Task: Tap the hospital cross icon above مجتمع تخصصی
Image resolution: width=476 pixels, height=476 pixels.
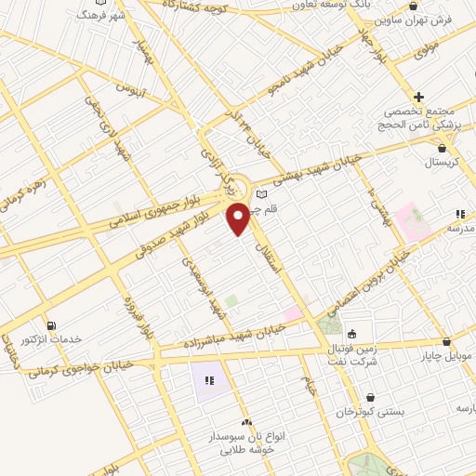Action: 419,97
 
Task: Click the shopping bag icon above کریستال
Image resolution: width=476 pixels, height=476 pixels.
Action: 442,147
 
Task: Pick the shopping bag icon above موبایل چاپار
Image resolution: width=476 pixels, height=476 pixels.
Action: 447,341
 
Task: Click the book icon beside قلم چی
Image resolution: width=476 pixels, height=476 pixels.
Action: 261,193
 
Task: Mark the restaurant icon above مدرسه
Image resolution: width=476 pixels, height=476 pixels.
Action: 459,213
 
